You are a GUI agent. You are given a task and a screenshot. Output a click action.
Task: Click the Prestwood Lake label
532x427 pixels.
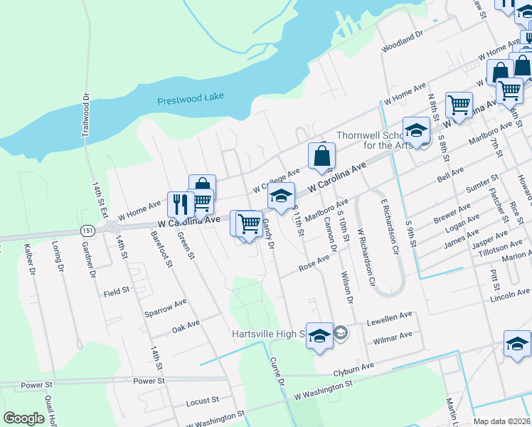pos(190,100)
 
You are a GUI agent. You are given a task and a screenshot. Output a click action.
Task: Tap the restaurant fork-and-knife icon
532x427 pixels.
pos(180,205)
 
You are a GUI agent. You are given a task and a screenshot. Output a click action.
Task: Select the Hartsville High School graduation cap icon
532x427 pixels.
pos(319,336)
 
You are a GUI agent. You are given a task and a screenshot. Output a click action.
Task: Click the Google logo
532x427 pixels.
pos(23,418)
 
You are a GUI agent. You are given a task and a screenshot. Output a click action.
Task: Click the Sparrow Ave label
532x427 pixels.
pos(165,307)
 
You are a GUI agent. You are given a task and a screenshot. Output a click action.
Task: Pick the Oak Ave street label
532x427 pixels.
pos(186,327)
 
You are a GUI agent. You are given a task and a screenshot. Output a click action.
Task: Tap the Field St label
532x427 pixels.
pos(117,291)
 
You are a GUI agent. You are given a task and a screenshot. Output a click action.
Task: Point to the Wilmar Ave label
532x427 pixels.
pos(393,336)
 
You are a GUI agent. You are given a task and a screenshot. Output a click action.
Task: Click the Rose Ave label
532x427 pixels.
pos(314,264)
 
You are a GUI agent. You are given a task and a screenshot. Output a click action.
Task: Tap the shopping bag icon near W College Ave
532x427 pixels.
pos(321,156)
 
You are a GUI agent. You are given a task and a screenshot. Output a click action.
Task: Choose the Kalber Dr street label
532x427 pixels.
pos(31,260)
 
